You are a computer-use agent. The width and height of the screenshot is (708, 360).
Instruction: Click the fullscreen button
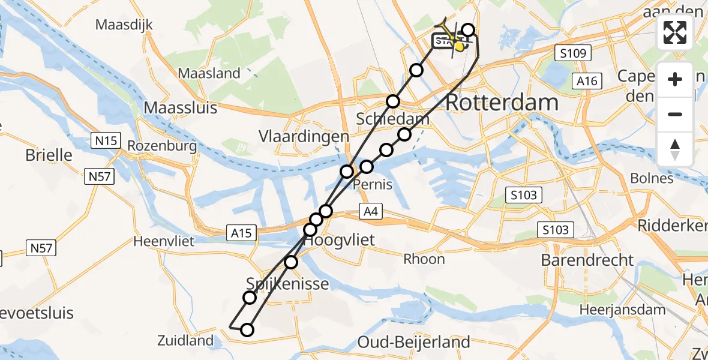[x=676, y=33]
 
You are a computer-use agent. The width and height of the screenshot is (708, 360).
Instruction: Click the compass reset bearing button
[x=676, y=149]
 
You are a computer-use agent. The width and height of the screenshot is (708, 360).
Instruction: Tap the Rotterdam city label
[x=502, y=103]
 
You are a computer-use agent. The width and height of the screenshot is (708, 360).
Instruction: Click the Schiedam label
[x=392, y=118]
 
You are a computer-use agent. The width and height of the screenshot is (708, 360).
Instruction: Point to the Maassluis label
[x=181, y=109]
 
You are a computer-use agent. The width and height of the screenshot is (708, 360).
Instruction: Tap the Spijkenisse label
[x=287, y=283]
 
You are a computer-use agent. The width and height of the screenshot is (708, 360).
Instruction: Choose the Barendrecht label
[x=587, y=260]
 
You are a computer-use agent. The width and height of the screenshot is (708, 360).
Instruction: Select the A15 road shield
[x=242, y=232]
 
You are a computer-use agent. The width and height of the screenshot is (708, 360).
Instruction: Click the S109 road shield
[x=572, y=54]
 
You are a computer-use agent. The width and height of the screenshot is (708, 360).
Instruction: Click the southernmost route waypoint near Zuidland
[x=247, y=329]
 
